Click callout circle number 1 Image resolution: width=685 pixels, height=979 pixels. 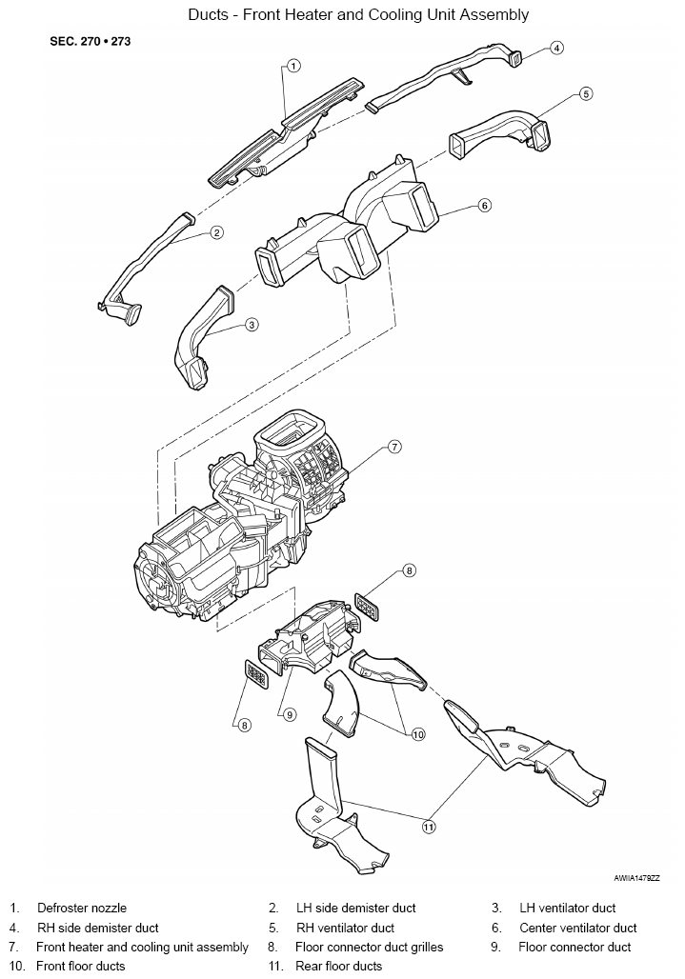(x=293, y=66)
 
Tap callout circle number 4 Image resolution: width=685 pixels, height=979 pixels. (x=556, y=48)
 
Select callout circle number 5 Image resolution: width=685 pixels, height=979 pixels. (x=585, y=93)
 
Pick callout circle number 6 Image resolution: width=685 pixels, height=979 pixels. (x=485, y=205)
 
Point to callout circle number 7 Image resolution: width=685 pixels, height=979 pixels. (x=394, y=447)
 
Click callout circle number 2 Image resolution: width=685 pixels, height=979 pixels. (x=216, y=233)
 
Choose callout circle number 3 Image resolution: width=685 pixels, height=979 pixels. (x=251, y=325)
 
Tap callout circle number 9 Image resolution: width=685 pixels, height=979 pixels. (x=289, y=715)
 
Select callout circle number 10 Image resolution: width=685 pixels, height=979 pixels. (x=417, y=734)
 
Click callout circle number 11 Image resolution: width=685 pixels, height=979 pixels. (x=429, y=828)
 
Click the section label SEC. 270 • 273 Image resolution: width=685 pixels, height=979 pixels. (x=90, y=42)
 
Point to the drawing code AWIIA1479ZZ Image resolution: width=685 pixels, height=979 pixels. (x=636, y=878)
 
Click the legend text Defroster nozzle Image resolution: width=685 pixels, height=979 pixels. (x=82, y=908)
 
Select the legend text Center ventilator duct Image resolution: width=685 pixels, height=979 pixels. (x=578, y=928)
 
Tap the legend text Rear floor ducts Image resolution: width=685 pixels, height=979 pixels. (x=338, y=967)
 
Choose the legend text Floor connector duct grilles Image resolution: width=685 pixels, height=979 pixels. (x=369, y=948)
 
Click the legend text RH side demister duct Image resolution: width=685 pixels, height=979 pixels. (x=98, y=928)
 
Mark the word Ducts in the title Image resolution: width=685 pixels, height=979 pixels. (x=208, y=14)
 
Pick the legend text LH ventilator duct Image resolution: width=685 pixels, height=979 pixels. (x=568, y=908)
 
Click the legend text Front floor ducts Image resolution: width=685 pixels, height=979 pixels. (x=81, y=967)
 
